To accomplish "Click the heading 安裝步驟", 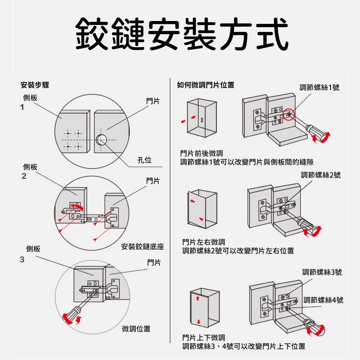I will pos(35,85).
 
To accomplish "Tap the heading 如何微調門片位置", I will pos(206,85).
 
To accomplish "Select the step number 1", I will pos(22,107).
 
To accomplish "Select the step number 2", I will pos(24,176).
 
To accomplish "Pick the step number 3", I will pos(22,259).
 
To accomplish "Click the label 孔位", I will pos(144,160).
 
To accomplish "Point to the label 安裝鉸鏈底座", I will pos(142,247).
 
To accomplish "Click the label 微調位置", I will pos(136,329).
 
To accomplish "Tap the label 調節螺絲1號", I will pos(319,88).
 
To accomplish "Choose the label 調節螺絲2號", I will pos(321,175).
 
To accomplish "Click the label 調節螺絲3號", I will pos(322,272).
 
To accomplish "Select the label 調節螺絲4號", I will pos(323,300).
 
